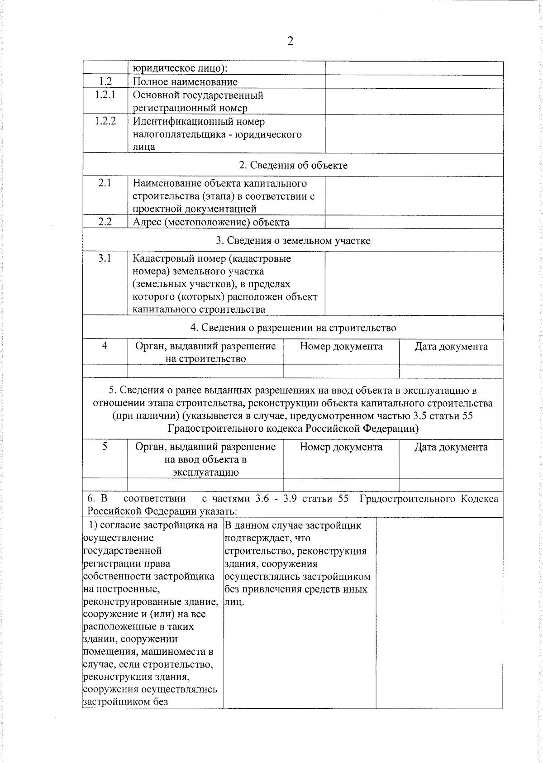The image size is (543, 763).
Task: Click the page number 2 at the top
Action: click(290, 42)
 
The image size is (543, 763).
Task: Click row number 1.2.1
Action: click(105, 95)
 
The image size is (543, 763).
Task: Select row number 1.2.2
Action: click(105, 121)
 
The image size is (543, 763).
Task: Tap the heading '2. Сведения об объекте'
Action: click(293, 165)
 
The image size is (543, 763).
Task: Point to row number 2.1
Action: click(105, 183)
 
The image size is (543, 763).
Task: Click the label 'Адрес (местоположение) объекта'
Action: click(211, 222)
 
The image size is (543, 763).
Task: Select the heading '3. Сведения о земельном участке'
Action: click(293, 241)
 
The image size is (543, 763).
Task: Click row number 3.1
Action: click(105, 258)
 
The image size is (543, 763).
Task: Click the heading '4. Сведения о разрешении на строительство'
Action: click(293, 328)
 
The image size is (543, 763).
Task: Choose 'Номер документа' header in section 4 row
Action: click(341, 347)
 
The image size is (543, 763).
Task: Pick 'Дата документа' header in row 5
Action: click(451, 447)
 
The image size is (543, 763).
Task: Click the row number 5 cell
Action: click(105, 447)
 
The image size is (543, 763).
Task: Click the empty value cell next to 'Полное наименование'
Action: click(414, 82)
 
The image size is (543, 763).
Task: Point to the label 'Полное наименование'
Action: click(185, 82)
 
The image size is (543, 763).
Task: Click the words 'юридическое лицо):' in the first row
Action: click(180, 69)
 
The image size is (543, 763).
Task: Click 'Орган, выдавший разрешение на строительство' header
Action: click(205, 353)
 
